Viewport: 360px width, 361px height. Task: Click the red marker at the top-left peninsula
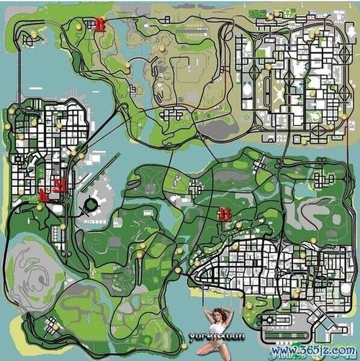pyautogui.click(x=99, y=24)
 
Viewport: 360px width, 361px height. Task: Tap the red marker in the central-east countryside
pyautogui.click(x=225, y=213)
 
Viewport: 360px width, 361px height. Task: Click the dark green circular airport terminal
pyautogui.click(x=91, y=204)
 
